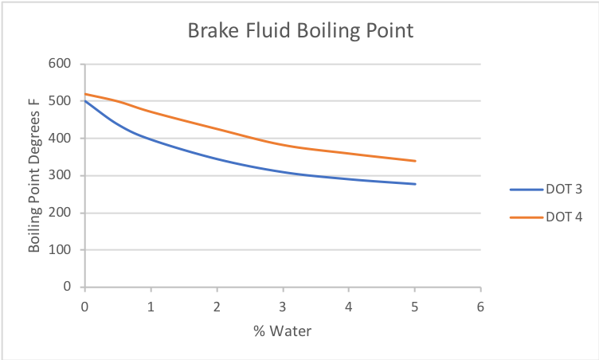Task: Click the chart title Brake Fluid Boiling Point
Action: point(300,32)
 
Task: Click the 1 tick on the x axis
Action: point(151,306)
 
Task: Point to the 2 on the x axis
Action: point(217,306)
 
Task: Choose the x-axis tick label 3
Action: point(284,306)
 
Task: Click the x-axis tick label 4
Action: point(349,306)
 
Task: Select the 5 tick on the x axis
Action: point(415,306)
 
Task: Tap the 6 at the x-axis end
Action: point(481,306)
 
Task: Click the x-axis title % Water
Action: point(283,331)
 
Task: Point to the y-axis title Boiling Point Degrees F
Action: point(34,175)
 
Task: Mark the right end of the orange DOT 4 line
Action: point(415,161)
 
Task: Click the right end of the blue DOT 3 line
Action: point(415,184)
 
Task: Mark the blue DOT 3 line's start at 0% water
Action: point(85,101)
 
